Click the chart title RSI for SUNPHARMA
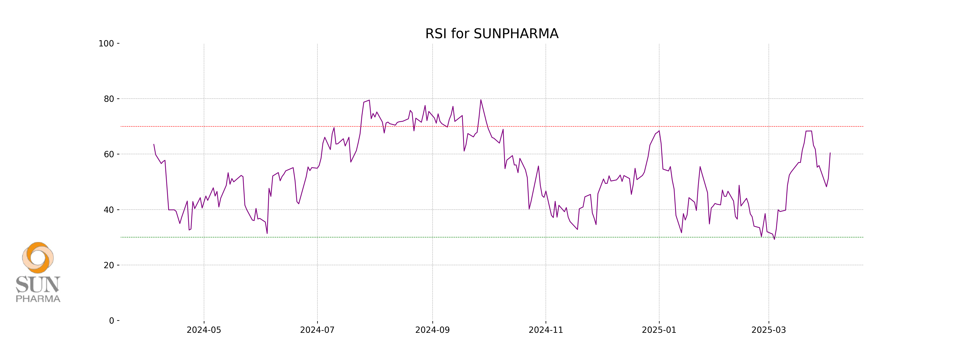[x=492, y=34]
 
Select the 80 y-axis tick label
[x=109, y=99]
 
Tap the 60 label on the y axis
[x=109, y=154]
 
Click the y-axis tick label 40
[x=109, y=210]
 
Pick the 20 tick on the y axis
[x=109, y=265]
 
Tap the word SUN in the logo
[x=38, y=285]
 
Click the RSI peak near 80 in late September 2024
[x=481, y=100]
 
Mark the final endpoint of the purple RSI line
[x=830, y=153]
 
